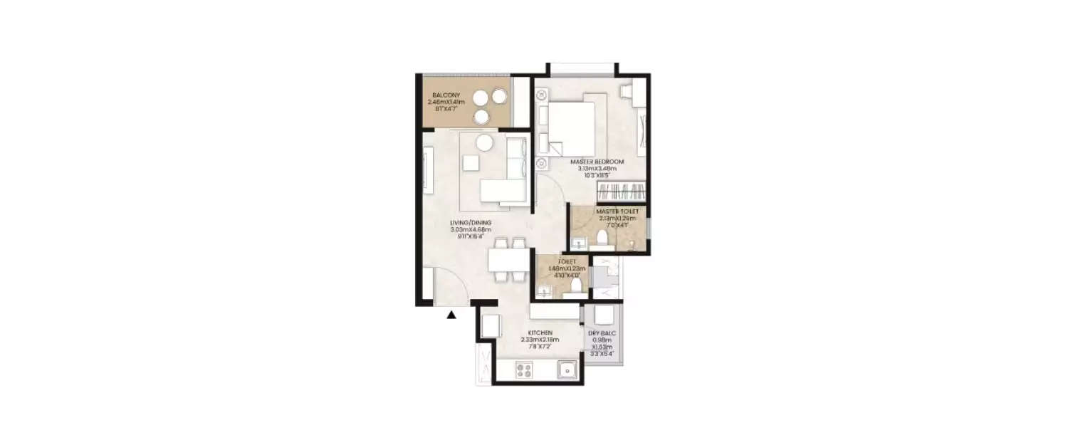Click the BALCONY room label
pyautogui.click(x=445, y=95)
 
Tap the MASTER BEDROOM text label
pyautogui.click(x=597, y=162)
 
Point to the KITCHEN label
pyautogui.click(x=540, y=333)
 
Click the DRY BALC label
pyautogui.click(x=602, y=333)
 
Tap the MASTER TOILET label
pyautogui.click(x=617, y=211)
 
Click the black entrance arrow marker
pyautogui.click(x=451, y=315)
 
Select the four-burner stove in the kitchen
pyautogui.click(x=525, y=370)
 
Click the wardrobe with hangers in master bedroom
pyautogui.click(x=622, y=191)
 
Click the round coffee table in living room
pyautogui.click(x=484, y=142)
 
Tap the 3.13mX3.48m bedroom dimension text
pyautogui.click(x=597, y=169)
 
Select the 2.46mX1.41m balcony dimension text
pyautogui.click(x=445, y=102)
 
